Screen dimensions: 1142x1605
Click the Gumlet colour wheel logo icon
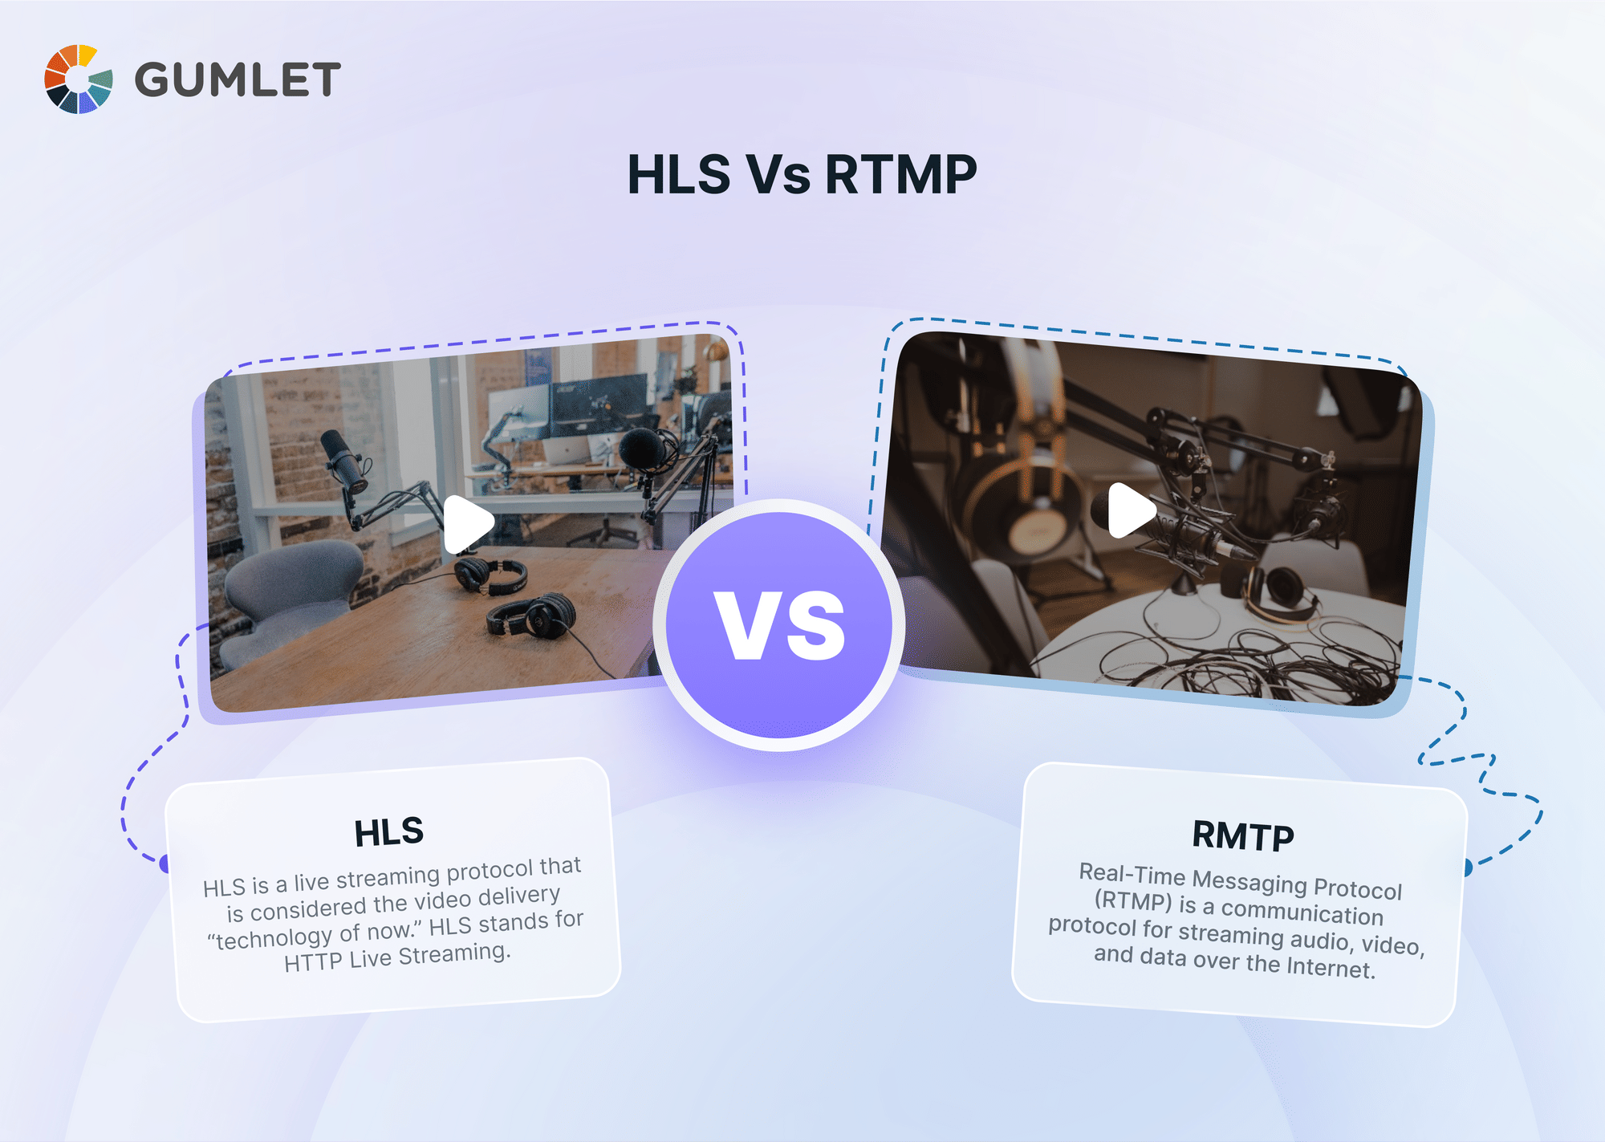coord(78,79)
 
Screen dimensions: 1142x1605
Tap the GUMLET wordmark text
coord(238,80)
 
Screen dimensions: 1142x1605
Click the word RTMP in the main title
coord(900,174)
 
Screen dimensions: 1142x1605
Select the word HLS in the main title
coord(679,174)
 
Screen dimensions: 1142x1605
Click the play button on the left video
coord(468,524)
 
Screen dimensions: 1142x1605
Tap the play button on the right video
coord(1131,510)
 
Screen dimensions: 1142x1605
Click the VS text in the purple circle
coord(780,626)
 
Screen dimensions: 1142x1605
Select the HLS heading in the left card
coord(389,832)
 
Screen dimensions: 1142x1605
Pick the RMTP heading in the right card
coord(1243,836)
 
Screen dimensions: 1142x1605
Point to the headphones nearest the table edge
coord(531,616)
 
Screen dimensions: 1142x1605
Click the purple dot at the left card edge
coord(165,864)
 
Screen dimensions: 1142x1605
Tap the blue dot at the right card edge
coord(1467,868)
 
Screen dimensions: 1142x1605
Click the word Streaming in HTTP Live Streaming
coord(454,955)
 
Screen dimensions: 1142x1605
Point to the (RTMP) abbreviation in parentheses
coord(1133,901)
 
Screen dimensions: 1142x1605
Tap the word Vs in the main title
coord(778,174)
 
